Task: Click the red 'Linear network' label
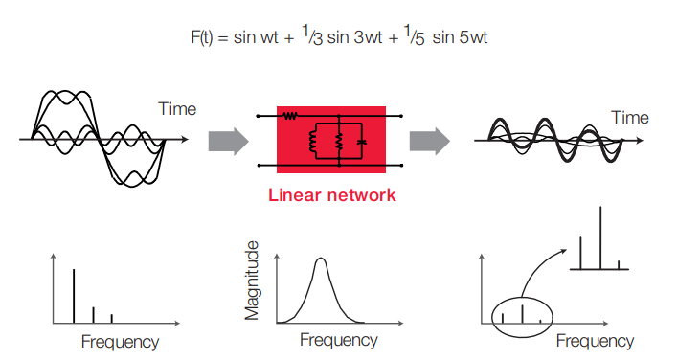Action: tap(332, 195)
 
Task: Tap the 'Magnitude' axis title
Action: tap(252, 281)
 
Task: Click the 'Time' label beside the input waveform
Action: tap(177, 109)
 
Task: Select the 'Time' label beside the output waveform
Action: tap(630, 118)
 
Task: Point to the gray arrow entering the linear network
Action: tap(228, 142)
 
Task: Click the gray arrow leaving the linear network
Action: tap(429, 142)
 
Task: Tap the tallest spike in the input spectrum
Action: tap(74, 296)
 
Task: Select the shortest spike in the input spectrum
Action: tap(112, 318)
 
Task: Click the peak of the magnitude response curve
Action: tap(320, 259)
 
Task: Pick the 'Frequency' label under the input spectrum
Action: tap(120, 342)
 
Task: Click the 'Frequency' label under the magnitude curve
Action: tap(339, 340)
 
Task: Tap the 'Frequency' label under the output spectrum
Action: tap(595, 341)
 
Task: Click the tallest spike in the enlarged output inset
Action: tap(600, 237)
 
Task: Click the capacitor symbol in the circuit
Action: tap(362, 142)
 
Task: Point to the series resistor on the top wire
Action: tap(290, 116)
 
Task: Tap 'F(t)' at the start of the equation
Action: tap(202, 36)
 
